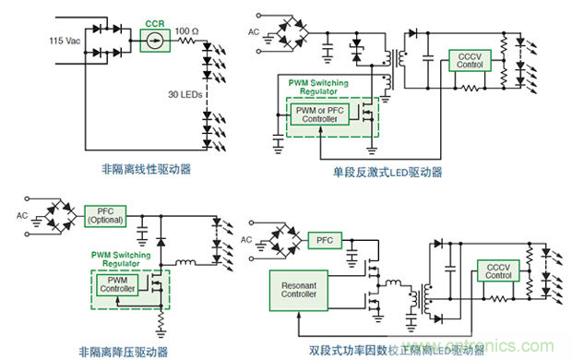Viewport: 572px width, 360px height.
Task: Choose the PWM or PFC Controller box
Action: [318, 115]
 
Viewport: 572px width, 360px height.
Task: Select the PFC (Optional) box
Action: [103, 216]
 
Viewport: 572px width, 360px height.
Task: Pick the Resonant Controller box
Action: [299, 289]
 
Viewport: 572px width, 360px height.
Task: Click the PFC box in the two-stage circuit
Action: [324, 240]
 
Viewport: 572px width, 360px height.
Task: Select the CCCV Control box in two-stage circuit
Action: [498, 270]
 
